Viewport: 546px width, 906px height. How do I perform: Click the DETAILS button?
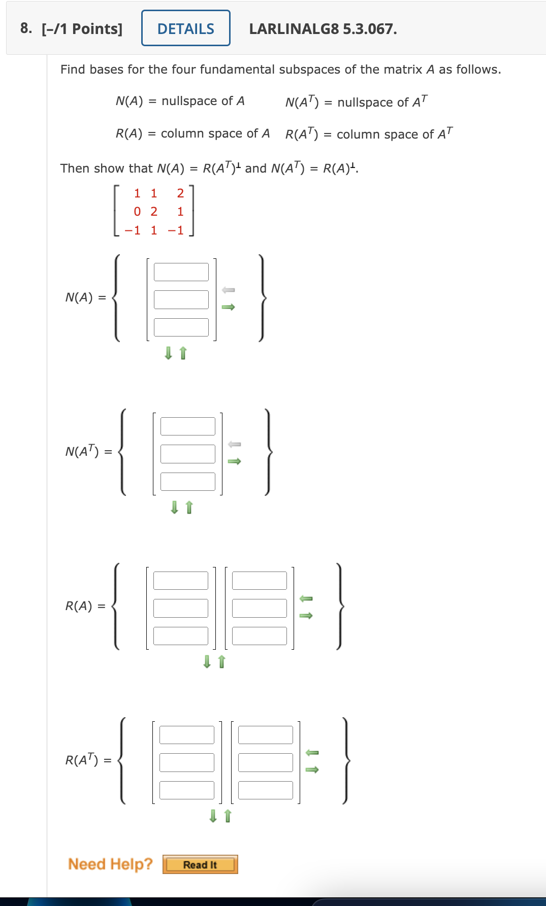[x=186, y=28]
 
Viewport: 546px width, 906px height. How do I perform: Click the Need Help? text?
[x=110, y=864]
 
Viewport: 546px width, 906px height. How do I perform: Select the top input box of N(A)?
[x=181, y=272]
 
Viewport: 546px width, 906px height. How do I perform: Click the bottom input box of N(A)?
[x=181, y=327]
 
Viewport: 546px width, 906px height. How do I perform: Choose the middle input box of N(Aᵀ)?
[x=188, y=454]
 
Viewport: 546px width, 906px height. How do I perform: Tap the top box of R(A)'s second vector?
[x=260, y=581]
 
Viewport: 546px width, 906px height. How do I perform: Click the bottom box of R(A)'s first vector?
[x=181, y=636]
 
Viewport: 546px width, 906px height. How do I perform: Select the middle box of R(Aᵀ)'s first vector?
[x=187, y=762]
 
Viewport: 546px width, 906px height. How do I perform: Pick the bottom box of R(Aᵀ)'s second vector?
[x=266, y=790]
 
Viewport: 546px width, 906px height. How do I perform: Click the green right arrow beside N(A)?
[x=229, y=307]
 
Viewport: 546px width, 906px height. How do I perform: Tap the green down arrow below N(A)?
[x=169, y=353]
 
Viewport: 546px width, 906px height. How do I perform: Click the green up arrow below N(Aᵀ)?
[x=189, y=507]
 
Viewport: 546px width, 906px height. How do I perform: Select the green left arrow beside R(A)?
[x=306, y=599]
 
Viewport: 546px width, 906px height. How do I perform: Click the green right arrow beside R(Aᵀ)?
[x=312, y=769]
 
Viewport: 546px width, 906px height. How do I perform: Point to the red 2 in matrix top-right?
[x=180, y=193]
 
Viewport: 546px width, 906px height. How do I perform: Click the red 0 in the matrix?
[x=137, y=212]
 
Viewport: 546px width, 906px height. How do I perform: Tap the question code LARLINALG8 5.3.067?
[x=323, y=29]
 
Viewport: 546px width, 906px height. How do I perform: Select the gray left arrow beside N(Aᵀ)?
[x=234, y=444]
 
